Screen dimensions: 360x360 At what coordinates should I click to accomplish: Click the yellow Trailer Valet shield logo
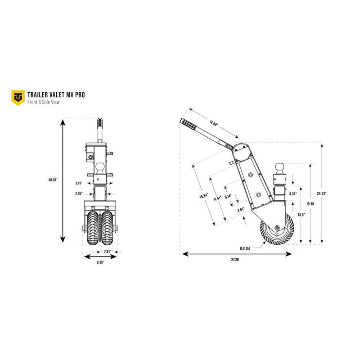[x=18, y=98]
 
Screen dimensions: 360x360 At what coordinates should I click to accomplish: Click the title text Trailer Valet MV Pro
[x=56, y=95]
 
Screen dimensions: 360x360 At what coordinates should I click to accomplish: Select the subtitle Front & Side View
[x=43, y=102]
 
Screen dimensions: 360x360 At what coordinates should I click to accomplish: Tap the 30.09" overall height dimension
[x=53, y=180]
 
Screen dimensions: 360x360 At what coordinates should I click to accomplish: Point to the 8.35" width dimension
[x=100, y=262]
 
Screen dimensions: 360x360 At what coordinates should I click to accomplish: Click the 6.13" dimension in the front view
[x=79, y=183]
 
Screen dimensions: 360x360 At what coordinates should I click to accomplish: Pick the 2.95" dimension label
[x=79, y=193]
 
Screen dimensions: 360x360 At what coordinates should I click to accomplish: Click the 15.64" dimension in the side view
[x=204, y=196]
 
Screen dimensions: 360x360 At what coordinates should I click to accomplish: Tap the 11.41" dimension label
[x=217, y=198]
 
